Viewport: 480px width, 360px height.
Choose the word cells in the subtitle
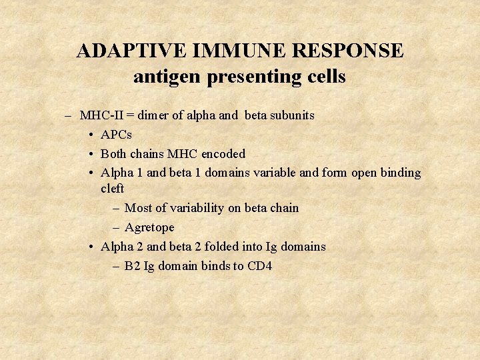pyautogui.click(x=325, y=77)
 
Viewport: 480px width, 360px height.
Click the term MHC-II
pyautogui.click(x=100, y=115)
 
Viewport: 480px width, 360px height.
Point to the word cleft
pyautogui.click(x=112, y=189)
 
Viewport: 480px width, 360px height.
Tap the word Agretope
pyautogui.click(x=149, y=227)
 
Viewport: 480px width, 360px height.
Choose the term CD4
pyautogui.click(x=259, y=266)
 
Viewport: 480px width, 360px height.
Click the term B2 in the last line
pyautogui.click(x=132, y=266)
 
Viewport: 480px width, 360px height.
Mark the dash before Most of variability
pyautogui.click(x=117, y=208)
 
